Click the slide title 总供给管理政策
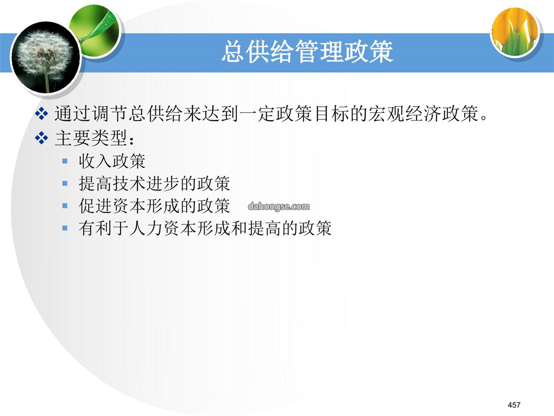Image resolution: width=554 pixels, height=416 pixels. tap(307, 52)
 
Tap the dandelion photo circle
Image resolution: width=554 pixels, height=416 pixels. tap(45, 58)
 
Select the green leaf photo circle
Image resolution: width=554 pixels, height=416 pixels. tap(95, 31)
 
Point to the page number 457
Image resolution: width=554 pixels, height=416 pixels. tap(514, 405)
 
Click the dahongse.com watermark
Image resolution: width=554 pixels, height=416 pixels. tap(279, 206)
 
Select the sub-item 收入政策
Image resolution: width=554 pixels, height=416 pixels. tap(112, 161)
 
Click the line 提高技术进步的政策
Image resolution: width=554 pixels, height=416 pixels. tap(154, 183)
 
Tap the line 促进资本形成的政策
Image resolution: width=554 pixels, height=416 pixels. tap(154, 206)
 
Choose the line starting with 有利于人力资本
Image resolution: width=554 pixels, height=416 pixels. tap(205, 228)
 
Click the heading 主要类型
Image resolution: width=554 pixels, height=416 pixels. tap(95, 138)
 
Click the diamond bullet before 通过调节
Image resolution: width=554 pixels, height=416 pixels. tap(42, 114)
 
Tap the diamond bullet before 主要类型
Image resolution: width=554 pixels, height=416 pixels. tap(42, 138)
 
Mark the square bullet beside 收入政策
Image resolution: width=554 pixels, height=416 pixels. tap(65, 161)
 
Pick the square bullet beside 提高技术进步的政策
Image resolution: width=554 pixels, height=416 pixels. tap(65, 183)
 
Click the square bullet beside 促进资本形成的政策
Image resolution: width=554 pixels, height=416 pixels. tap(65, 206)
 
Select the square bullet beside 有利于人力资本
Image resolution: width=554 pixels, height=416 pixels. tap(65, 229)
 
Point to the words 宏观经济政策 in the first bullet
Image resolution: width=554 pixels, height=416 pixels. tap(423, 114)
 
